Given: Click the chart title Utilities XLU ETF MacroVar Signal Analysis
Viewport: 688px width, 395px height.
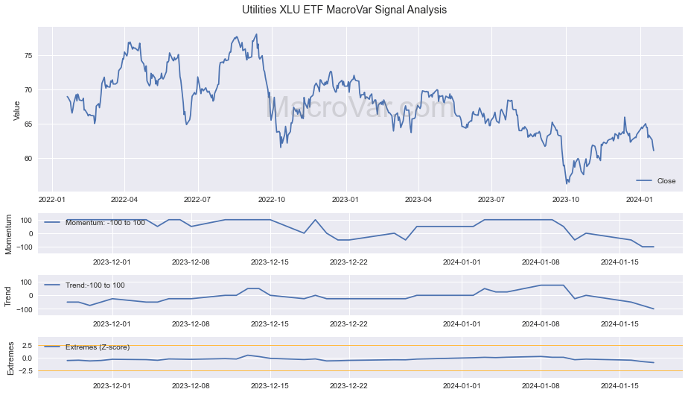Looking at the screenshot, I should [344, 10].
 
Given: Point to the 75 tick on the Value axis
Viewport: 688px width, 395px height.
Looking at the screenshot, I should [28, 56].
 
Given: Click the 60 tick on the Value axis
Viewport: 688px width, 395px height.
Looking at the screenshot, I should [28, 158].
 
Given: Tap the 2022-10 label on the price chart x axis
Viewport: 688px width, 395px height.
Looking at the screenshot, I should [272, 200].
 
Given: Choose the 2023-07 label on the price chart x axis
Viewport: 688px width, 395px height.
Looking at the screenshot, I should [491, 200].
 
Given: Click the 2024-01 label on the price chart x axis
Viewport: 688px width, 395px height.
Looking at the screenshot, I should [639, 200].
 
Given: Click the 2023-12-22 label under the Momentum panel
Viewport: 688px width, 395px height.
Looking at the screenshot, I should [348, 262].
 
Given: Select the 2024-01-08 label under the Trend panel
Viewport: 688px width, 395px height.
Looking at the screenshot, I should [541, 323].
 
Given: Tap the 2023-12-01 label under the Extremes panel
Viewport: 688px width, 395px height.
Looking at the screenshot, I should [111, 385].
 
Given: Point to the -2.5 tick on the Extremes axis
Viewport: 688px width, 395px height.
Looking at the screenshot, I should [24, 370].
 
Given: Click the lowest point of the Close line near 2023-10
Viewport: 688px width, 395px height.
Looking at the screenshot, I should [567, 183].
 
